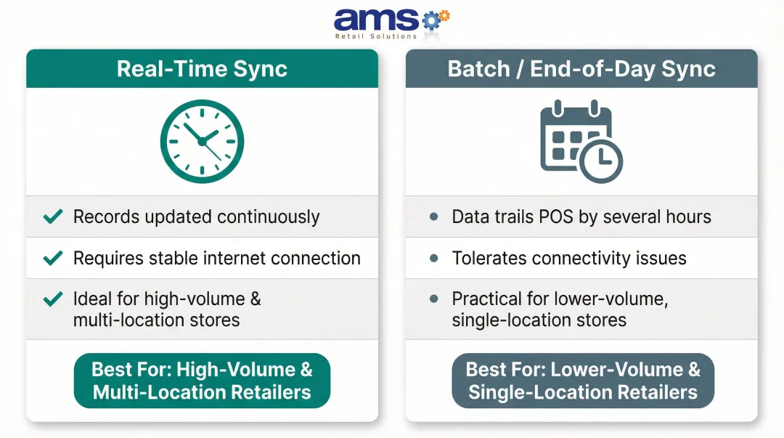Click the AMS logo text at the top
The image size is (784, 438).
click(376, 20)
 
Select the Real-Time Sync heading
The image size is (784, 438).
click(202, 69)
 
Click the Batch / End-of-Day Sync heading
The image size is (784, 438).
click(581, 69)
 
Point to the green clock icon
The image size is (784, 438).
click(202, 140)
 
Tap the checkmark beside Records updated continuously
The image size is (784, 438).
click(53, 216)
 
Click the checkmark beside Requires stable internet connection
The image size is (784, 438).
click(53, 258)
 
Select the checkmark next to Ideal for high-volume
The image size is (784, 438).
click(53, 299)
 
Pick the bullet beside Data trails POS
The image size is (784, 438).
click(434, 216)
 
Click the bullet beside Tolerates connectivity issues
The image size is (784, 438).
click(434, 258)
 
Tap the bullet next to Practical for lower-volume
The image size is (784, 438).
click(434, 299)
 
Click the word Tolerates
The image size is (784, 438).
click(486, 258)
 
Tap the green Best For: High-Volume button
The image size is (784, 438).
click(202, 381)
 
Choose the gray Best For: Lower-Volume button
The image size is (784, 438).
click(582, 381)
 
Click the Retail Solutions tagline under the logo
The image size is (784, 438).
click(375, 36)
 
